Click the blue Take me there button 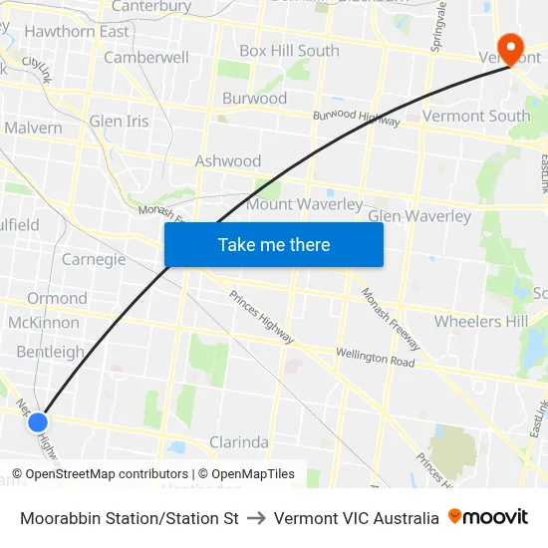(x=274, y=244)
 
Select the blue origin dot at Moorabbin (x=38, y=422)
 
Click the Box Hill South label (x=289, y=51)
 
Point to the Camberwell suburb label (x=146, y=58)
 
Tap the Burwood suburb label (x=254, y=99)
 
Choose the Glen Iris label (x=119, y=122)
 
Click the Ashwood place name (x=228, y=161)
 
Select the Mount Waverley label (x=304, y=204)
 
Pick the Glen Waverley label (x=419, y=216)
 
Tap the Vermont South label (x=476, y=117)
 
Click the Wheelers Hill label (x=481, y=322)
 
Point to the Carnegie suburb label (x=94, y=260)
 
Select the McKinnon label (x=43, y=323)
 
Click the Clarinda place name (x=239, y=442)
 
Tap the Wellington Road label (x=375, y=358)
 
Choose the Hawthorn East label (x=77, y=32)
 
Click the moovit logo (x=488, y=517)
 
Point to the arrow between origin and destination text (x=256, y=518)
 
